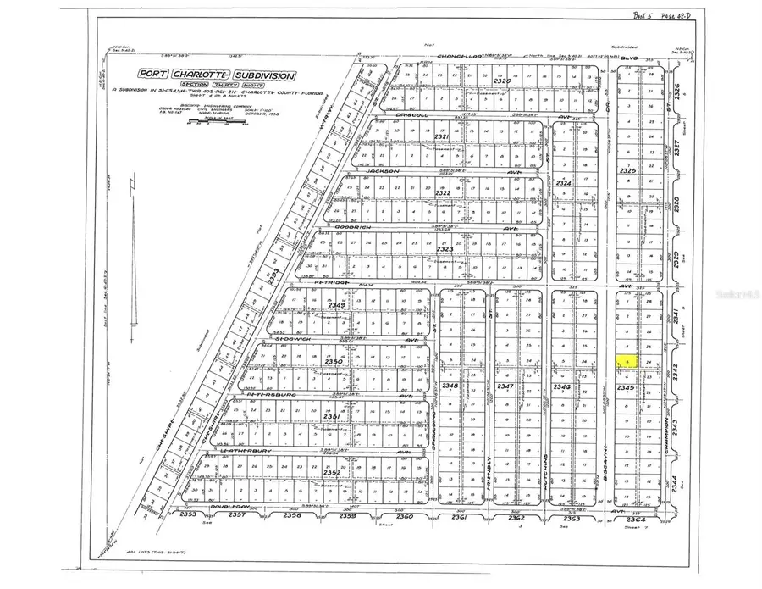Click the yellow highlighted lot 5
click(626, 361)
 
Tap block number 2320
click(503, 81)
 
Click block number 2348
click(450, 386)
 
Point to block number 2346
click(562, 386)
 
